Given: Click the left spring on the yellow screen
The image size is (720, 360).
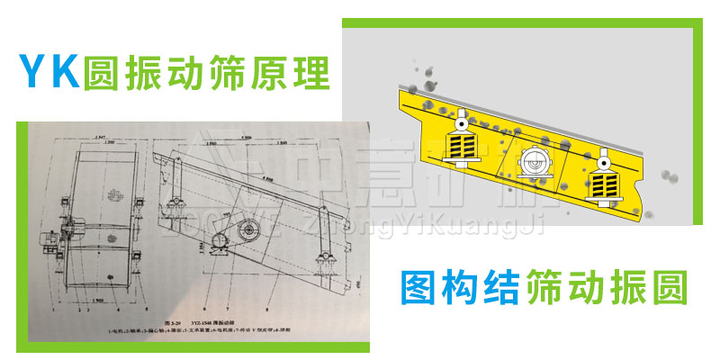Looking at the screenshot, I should [462, 144].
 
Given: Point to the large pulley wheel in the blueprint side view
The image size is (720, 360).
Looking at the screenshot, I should [247, 232].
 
